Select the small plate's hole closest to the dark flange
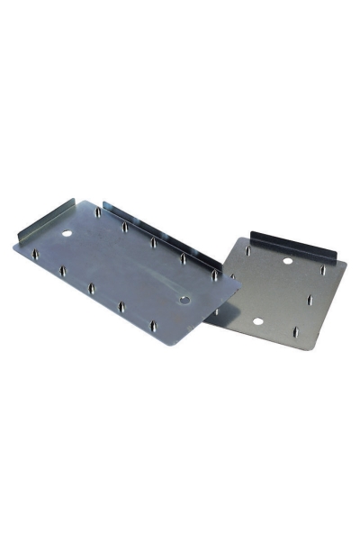click(x=287, y=261)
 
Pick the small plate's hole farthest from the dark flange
click(x=257, y=321)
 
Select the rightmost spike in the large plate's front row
click(x=154, y=322)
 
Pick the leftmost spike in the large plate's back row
click(x=97, y=213)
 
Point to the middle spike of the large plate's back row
click(x=154, y=242)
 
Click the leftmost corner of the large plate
click(x=13, y=246)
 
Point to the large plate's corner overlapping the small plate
click(x=239, y=286)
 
